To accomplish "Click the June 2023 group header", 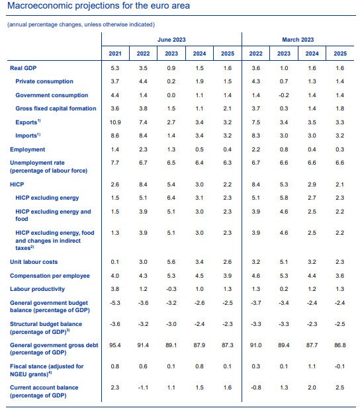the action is (x=171, y=40).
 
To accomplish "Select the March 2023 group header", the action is (x=298, y=40).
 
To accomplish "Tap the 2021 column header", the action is (x=115, y=54).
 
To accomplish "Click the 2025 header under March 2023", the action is (x=340, y=54).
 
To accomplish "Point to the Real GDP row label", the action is (x=23, y=68).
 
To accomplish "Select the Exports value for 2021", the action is (x=115, y=122).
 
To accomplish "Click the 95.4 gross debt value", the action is (x=115, y=345).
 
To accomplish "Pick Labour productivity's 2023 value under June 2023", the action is (x=171, y=289).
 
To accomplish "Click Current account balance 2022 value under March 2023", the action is (x=255, y=388).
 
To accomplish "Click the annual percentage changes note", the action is (x=81, y=24).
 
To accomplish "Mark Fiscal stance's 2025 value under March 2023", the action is (x=339, y=366).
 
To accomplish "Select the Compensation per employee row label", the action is (x=50, y=276).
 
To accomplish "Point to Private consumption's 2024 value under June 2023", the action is (x=199, y=81).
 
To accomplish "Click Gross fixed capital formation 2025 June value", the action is (x=228, y=108).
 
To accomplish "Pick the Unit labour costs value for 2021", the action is (x=115, y=262).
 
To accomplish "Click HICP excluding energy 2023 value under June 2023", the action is (x=171, y=198).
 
